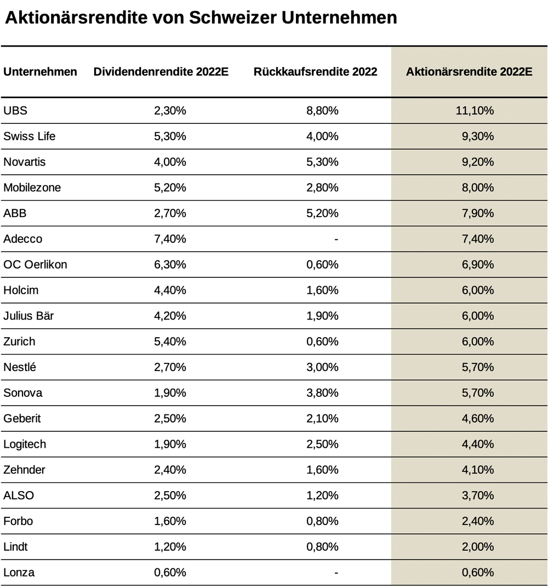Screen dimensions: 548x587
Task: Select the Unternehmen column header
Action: [40, 71]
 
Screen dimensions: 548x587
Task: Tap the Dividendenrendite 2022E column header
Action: [161, 71]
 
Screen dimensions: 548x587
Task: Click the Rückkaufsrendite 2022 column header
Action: [315, 71]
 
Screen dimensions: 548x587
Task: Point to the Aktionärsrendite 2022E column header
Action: [469, 71]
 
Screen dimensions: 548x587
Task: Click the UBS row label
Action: [15, 110]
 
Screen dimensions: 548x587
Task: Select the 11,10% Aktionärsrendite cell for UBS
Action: [475, 110]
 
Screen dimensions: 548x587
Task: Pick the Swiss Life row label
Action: [29, 136]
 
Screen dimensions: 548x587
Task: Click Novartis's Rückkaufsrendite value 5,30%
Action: [322, 162]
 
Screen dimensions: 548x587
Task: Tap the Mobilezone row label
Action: [32, 187]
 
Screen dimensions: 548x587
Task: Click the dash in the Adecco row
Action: [336, 239]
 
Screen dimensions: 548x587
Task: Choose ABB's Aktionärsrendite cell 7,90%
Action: [478, 213]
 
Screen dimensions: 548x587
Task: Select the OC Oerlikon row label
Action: [35, 264]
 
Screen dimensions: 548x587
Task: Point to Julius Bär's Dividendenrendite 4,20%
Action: [170, 316]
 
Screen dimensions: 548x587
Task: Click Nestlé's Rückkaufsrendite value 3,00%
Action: [322, 367]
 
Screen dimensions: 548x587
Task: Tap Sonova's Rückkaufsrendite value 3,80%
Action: [322, 393]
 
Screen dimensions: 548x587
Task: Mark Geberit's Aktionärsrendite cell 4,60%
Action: [478, 418]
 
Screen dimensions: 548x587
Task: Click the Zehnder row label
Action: [24, 470]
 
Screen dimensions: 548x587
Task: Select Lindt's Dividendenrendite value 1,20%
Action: [170, 546]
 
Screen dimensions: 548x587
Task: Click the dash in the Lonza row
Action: [336, 572]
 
